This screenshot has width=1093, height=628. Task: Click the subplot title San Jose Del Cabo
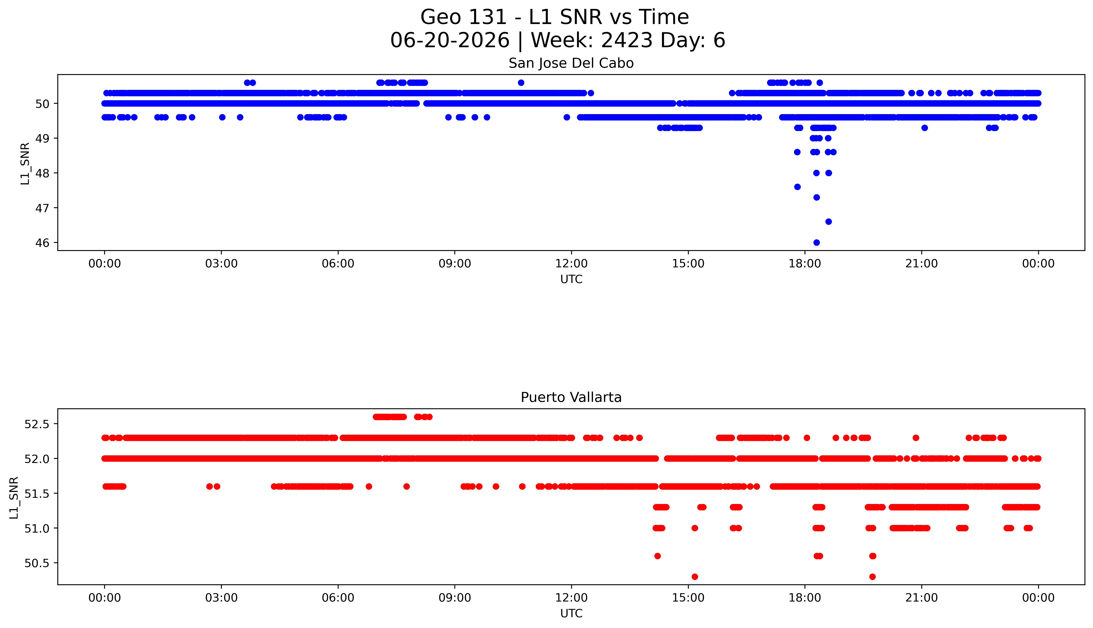pos(571,63)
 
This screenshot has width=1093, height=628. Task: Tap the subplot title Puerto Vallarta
pos(571,397)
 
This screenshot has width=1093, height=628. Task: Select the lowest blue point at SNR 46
pos(817,242)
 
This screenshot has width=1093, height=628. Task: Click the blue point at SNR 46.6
pos(829,222)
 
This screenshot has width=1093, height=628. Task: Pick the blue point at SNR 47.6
pos(797,187)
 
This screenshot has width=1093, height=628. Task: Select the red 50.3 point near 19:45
pos(873,577)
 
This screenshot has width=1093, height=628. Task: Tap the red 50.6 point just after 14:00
pos(657,556)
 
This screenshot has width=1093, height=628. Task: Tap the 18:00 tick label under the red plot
pos(805,598)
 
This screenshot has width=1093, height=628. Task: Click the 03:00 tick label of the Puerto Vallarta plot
pos(221,598)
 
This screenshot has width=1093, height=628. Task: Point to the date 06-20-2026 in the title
pos(450,41)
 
